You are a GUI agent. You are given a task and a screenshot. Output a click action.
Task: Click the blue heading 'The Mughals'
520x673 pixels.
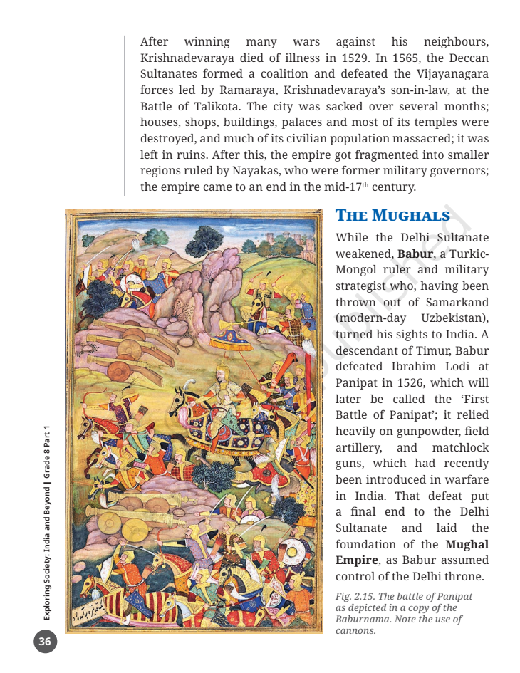click(x=392, y=216)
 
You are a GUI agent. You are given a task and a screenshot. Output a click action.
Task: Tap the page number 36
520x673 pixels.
click(x=45, y=642)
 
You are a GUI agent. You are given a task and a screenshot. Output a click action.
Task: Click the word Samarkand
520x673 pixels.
click(x=457, y=302)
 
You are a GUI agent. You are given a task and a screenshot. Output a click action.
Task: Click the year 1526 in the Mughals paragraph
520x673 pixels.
click(x=415, y=383)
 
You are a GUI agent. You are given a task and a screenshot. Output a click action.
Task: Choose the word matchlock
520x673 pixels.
click(x=460, y=448)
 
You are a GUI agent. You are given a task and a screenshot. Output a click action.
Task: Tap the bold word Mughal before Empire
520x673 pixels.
click(x=467, y=545)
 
